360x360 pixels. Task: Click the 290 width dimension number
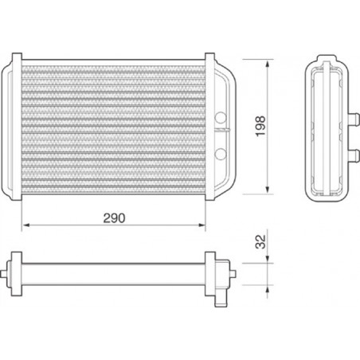point(114,218)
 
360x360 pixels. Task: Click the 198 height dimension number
point(260,126)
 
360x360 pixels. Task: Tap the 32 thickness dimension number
point(260,242)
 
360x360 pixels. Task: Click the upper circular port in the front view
point(221,118)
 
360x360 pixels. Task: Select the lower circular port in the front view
point(221,154)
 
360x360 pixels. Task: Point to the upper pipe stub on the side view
point(354,118)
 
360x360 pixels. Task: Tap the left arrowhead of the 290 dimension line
point(25,225)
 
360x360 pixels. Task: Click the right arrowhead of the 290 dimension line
point(202,225)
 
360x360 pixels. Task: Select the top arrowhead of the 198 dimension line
point(268,63)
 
